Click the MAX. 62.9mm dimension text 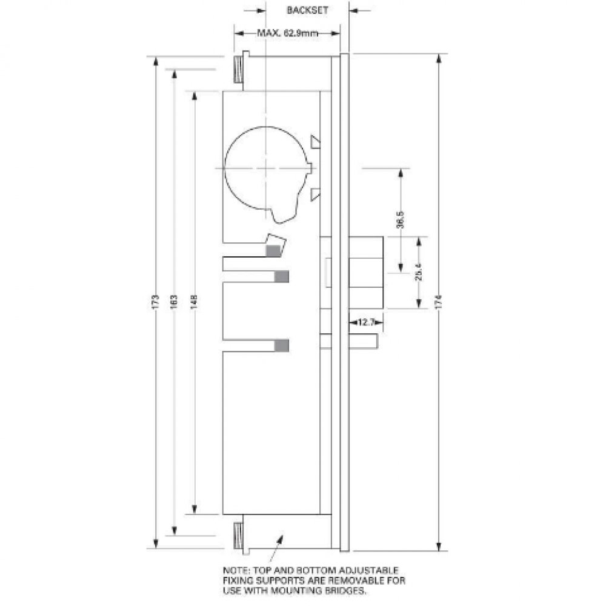coord(287,34)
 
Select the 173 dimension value coord(155,301)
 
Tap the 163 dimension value coord(173,301)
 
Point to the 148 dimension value coord(194,301)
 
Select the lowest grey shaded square coord(282,345)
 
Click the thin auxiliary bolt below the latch coord(364,341)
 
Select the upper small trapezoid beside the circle coord(315,141)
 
